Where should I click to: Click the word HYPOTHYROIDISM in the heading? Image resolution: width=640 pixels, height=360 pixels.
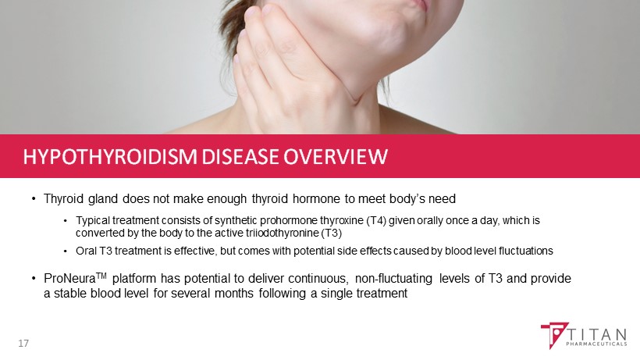tap(110, 157)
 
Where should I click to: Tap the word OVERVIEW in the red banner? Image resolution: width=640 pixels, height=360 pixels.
tap(336, 157)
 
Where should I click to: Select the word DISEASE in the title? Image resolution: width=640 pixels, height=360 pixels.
tap(240, 157)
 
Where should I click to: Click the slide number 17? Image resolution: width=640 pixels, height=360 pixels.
tap(23, 344)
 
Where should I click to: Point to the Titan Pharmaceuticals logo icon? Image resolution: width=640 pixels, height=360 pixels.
tap(554, 335)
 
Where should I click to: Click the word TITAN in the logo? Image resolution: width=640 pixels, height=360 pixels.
tap(598, 335)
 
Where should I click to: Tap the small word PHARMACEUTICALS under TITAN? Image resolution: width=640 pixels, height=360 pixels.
tap(597, 344)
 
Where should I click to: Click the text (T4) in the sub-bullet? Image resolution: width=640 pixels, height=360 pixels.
tap(376, 220)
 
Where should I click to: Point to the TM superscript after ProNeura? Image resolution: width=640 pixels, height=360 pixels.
tap(101, 276)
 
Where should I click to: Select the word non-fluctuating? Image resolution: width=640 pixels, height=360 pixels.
tap(393, 279)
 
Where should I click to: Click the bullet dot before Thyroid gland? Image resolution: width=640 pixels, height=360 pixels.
tap(34, 199)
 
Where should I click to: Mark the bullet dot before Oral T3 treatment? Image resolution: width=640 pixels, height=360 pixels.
tap(66, 251)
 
